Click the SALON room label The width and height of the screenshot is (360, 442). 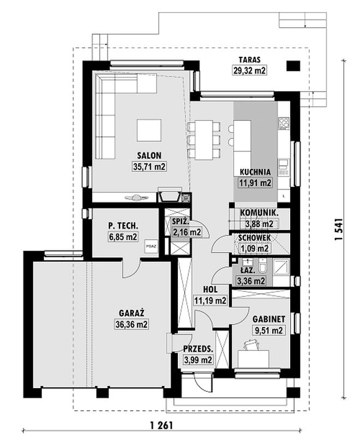pos(149,155)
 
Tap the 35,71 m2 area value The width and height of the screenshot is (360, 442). pos(149,167)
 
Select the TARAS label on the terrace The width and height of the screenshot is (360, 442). pos(249,60)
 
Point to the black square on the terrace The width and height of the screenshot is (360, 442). pos(293,66)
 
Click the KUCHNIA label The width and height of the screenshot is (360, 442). pos(255,172)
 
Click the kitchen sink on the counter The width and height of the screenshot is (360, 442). pos(283,167)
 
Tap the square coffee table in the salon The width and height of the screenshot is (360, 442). pos(149,130)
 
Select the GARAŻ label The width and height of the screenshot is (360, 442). pos(131,313)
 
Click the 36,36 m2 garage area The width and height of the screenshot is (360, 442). pos(131,324)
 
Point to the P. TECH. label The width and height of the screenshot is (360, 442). pos(123,226)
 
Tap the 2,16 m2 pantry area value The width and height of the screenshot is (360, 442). pos(187,232)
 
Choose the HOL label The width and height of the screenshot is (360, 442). pos(210,289)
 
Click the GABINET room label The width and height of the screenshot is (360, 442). pos(268,319)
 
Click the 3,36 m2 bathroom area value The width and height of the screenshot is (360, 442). pos(251,281)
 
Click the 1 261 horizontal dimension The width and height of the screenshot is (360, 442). pos(161,425)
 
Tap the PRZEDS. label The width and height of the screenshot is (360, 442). pos(198,349)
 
